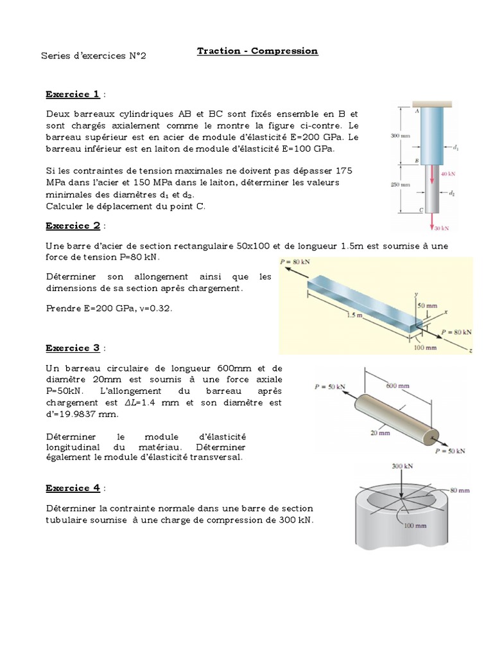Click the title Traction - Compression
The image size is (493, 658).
(x=257, y=51)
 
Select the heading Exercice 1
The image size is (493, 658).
(x=73, y=94)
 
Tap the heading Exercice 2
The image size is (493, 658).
(x=73, y=226)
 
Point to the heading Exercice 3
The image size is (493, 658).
(x=73, y=348)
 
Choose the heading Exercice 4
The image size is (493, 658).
(x=73, y=488)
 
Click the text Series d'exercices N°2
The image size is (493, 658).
(x=94, y=56)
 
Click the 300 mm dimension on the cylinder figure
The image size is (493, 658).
(x=400, y=136)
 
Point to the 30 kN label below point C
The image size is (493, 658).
(x=441, y=228)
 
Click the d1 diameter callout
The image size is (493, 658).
(x=455, y=148)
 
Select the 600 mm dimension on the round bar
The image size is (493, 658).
(x=398, y=386)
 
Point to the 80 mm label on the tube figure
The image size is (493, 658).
(x=458, y=491)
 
